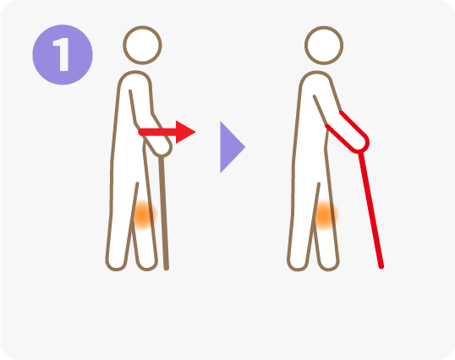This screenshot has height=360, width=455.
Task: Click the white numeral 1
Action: [x=62, y=54]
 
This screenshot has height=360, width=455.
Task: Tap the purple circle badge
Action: [x=63, y=55]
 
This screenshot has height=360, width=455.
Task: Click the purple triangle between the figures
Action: [x=232, y=147]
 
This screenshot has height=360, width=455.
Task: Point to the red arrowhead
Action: [x=186, y=132]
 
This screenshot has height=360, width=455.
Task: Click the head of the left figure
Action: [x=142, y=46]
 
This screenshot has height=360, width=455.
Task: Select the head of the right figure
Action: [x=324, y=46]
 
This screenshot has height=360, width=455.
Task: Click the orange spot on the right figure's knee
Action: [x=325, y=215]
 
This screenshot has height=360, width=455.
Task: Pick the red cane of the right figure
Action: [x=371, y=210]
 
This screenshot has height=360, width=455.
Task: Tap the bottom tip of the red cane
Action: [x=381, y=267]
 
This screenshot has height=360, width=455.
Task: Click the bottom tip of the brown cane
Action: [x=167, y=268]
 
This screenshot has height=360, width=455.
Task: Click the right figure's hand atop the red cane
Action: [x=360, y=144]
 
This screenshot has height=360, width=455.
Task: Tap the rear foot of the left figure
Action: [x=117, y=264]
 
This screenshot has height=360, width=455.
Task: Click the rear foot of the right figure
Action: [x=298, y=264]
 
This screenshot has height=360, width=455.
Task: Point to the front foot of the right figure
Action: [x=329, y=264]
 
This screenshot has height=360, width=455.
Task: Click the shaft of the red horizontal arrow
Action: [x=157, y=133]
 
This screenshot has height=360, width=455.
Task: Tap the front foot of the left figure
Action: [x=147, y=264]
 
